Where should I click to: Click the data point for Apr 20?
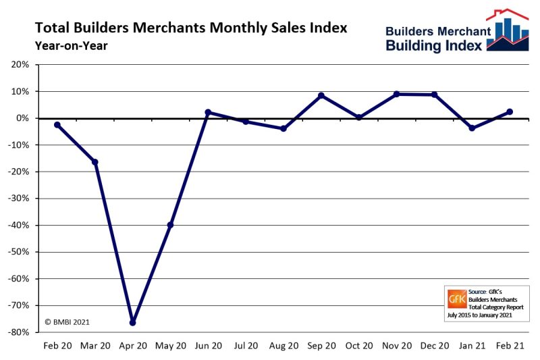132,323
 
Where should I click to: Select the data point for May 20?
170,225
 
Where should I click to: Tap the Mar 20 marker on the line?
95,162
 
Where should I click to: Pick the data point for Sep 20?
321,96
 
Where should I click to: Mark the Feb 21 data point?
510,111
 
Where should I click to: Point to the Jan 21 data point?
472,128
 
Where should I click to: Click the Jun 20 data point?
208,112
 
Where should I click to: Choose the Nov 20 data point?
396,95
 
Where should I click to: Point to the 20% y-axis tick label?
20,65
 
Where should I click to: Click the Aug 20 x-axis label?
283,346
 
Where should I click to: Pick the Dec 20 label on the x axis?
434,346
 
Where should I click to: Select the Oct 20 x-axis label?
358,346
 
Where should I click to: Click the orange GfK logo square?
457,298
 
